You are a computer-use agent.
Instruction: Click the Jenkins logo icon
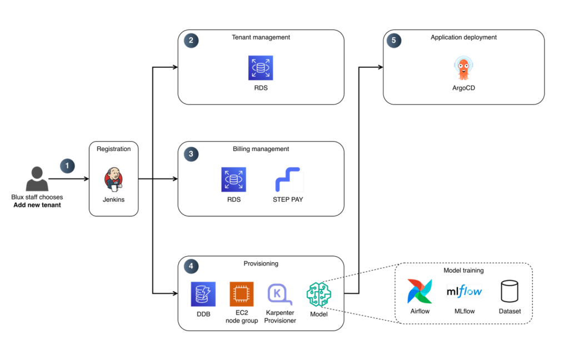click(113, 179)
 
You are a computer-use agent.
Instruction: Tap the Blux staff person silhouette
click(37, 179)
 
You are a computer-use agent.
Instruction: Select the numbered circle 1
click(67, 166)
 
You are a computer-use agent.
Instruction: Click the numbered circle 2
click(191, 41)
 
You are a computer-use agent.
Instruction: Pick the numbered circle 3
click(191, 155)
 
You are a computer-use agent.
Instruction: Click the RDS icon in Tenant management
click(261, 68)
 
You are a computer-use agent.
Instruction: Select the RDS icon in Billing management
click(233, 180)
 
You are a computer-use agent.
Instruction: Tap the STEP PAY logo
click(288, 180)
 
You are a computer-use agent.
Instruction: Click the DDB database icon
click(203, 294)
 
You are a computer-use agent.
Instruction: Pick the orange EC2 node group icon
click(242, 294)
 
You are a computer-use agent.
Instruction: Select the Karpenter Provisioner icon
click(280, 294)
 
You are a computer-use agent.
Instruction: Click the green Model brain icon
click(319, 294)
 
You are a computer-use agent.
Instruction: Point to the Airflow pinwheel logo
click(420, 291)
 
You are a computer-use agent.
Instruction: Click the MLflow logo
click(464, 291)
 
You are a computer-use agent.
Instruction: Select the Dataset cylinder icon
click(509, 291)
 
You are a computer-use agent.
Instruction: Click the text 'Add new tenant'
click(37, 205)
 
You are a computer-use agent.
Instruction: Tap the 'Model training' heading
click(463, 271)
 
